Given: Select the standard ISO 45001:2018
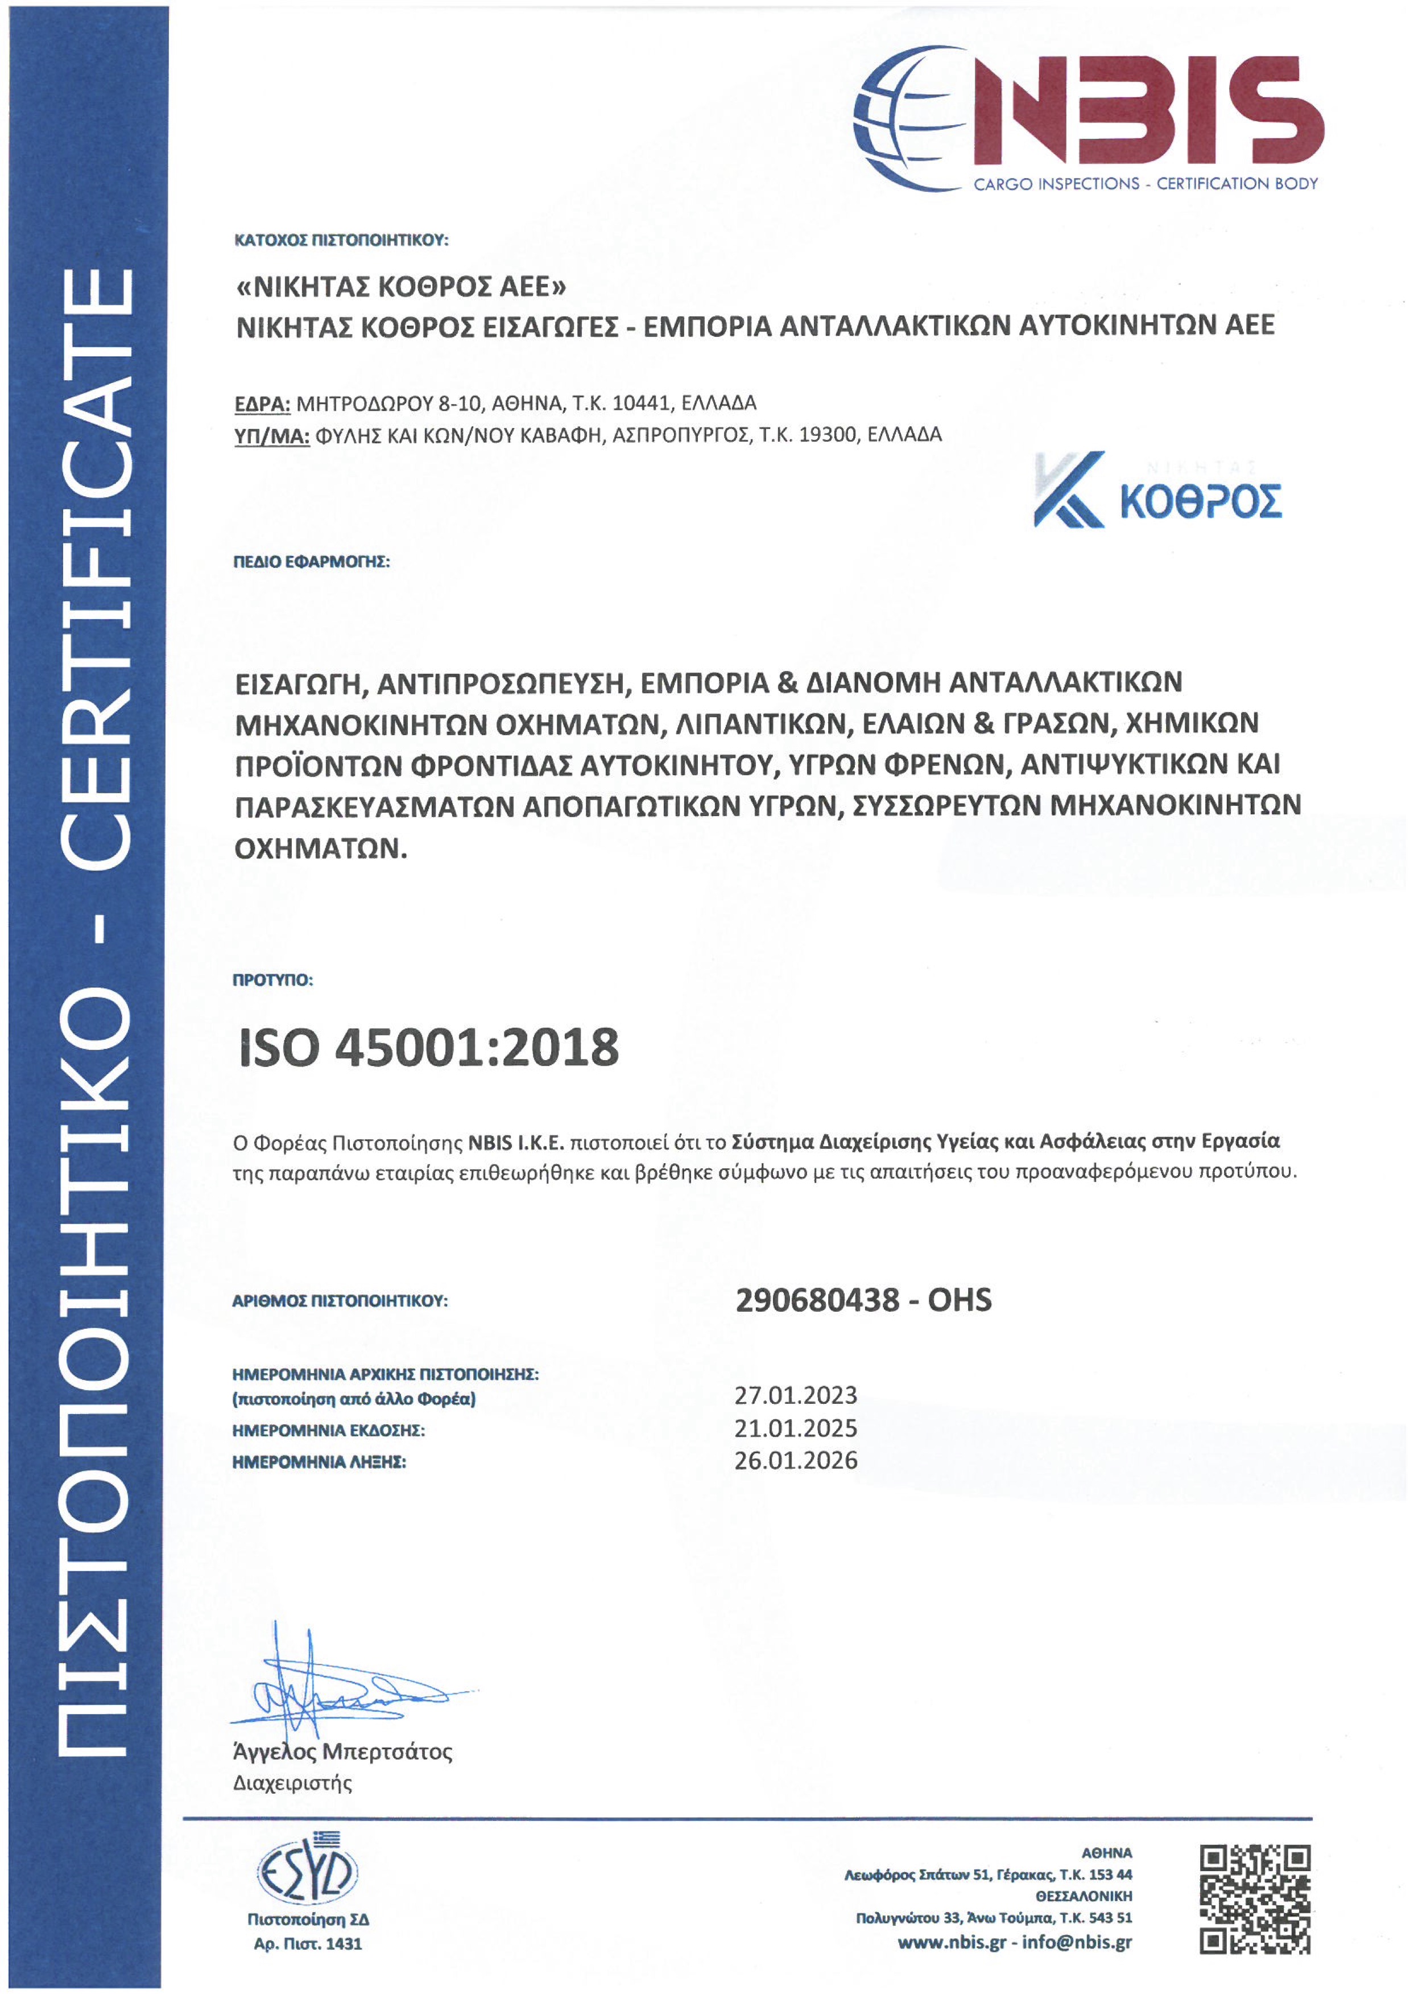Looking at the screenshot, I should tap(429, 1048).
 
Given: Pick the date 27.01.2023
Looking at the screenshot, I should tap(795, 1395).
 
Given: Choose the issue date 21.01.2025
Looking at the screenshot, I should tap(795, 1428).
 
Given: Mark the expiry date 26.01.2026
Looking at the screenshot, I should tap(795, 1461).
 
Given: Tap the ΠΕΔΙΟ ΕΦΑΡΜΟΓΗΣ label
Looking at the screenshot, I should tap(312, 562).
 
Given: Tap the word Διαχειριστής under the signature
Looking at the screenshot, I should tap(292, 1784).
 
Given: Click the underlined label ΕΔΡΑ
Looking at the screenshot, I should tap(261, 404).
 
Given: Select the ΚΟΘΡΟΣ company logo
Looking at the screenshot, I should tap(1157, 490).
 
